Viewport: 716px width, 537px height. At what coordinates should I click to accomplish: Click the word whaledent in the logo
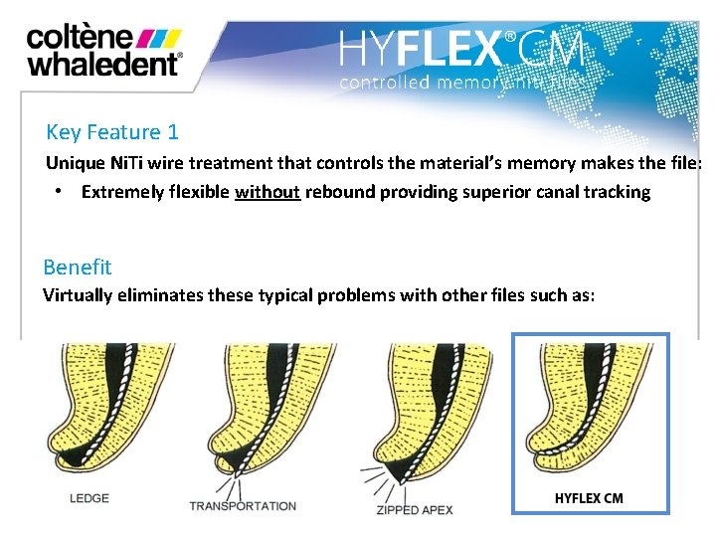[102, 64]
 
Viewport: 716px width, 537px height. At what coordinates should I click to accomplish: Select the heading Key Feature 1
[111, 132]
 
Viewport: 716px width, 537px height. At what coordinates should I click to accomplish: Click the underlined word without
[268, 192]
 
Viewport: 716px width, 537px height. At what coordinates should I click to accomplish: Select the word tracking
[616, 192]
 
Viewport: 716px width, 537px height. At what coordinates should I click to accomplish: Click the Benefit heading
[78, 267]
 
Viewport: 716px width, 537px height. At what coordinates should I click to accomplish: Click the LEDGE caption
[89, 497]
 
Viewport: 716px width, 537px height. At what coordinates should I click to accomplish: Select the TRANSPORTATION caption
[243, 505]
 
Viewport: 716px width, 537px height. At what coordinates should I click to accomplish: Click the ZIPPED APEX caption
[416, 509]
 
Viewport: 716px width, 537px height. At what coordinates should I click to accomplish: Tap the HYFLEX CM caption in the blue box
[589, 497]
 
